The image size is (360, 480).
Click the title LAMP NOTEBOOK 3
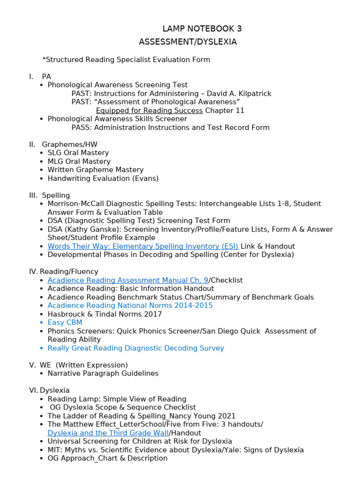point(202,29)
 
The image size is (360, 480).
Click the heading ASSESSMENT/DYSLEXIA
point(187,42)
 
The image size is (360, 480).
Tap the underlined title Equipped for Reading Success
point(149,111)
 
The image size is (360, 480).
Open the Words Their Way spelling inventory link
point(142,246)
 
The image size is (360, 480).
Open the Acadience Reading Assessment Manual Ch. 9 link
point(127,280)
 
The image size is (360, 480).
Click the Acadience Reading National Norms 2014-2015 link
point(130,306)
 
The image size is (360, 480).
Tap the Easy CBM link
point(65,322)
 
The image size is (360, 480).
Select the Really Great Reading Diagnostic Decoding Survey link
point(135,348)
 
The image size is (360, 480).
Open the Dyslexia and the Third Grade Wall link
point(108,433)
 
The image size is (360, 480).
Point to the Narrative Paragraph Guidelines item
point(103,374)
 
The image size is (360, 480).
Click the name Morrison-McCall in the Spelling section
point(75,204)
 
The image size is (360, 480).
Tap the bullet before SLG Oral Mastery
point(41,153)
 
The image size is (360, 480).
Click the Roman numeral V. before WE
point(32,365)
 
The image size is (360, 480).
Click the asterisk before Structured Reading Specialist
point(44,60)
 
